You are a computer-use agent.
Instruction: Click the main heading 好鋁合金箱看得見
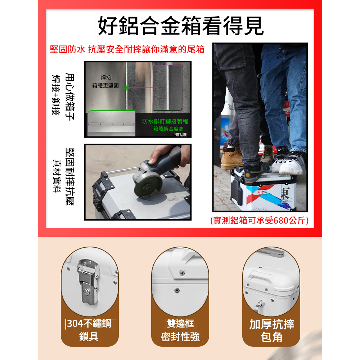click(181, 26)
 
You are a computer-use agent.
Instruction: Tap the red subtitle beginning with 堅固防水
click(127, 49)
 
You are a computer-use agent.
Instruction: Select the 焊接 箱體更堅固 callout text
click(105, 81)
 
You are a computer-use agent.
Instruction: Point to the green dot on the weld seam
click(127, 87)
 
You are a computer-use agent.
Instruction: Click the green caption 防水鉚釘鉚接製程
click(165, 121)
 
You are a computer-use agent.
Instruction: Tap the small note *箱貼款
click(180, 135)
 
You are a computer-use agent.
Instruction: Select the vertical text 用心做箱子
click(70, 96)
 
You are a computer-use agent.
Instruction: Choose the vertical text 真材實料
click(57, 176)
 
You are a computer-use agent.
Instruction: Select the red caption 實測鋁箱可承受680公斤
click(260, 220)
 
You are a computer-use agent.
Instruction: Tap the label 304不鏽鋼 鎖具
click(89, 330)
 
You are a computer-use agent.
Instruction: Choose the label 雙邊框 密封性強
click(180, 330)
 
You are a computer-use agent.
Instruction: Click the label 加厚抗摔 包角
click(271, 330)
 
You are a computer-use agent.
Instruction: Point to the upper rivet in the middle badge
click(182, 273)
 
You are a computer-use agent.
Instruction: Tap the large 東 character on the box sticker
click(285, 193)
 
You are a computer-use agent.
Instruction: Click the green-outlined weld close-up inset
click(167, 87)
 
